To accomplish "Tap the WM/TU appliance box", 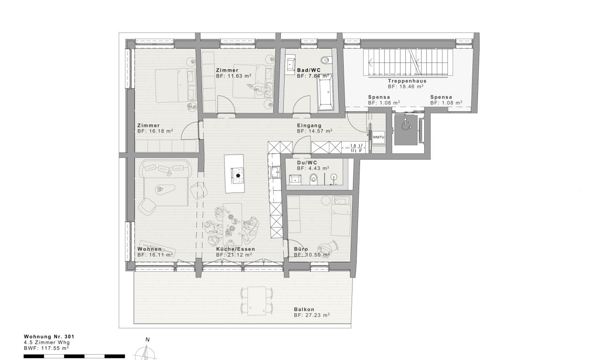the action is pyautogui.click(x=378, y=137).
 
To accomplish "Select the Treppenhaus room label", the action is pyautogui.click(x=407, y=81).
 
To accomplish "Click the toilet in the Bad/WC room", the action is pyautogui.click(x=326, y=60).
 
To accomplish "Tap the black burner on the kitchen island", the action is pyautogui.click(x=238, y=176).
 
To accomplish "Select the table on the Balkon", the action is pyautogui.click(x=257, y=301).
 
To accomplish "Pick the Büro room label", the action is pyautogui.click(x=301, y=249).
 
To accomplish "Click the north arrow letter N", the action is pyautogui.click(x=147, y=340).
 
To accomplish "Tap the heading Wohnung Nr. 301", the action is pyautogui.click(x=49, y=337).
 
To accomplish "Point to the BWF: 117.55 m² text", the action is pyautogui.click(x=46, y=348).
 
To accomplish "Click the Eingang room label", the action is pyautogui.click(x=309, y=125).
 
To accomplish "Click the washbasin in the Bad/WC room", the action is pyautogui.click(x=290, y=64).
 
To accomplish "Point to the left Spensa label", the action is pyautogui.click(x=379, y=97).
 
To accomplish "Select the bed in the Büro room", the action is pyautogui.click(x=341, y=216).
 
